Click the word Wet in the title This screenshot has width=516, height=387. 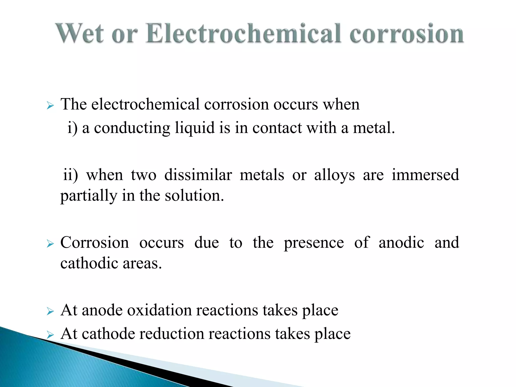click(80, 34)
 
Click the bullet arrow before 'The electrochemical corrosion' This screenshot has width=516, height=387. click(50, 106)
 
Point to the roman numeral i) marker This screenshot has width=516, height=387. click(72, 128)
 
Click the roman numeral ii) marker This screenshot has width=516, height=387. click(70, 175)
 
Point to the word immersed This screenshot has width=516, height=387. click(425, 175)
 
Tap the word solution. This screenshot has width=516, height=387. click(194, 196)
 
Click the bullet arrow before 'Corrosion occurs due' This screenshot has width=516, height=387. click(50, 244)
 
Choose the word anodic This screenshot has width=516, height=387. click(401, 243)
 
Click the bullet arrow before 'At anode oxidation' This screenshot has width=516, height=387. click(50, 312)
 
